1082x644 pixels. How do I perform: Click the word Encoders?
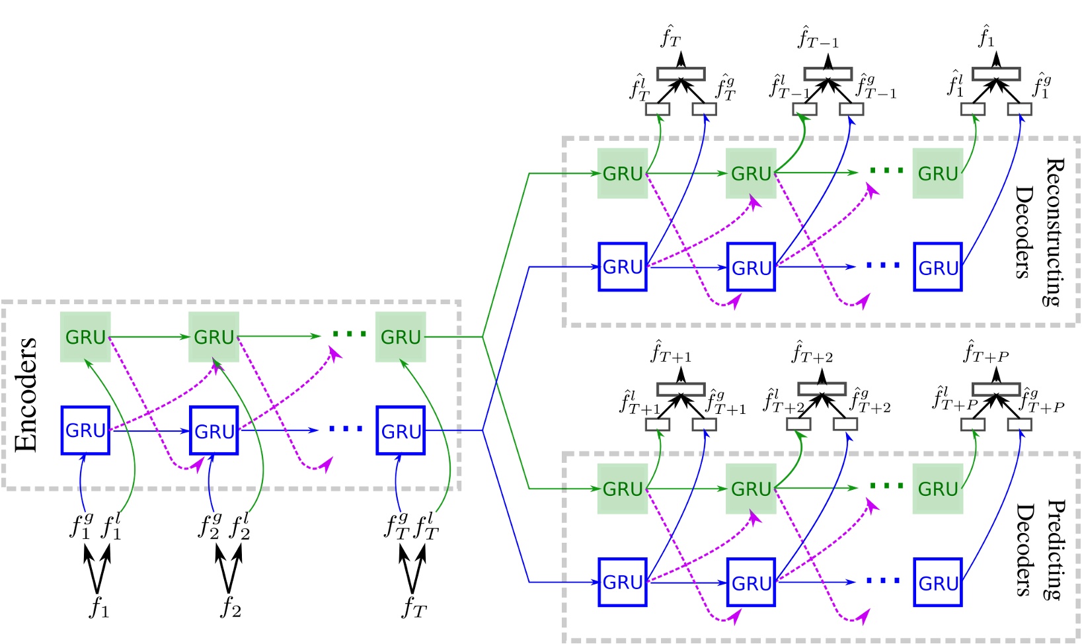(26, 395)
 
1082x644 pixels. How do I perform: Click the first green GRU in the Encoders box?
(85, 337)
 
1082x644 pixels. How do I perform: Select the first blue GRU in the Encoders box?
(85, 430)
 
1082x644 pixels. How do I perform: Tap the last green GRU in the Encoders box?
(401, 337)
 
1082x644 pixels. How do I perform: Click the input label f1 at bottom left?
(98, 607)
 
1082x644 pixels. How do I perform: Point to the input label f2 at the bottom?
(230, 607)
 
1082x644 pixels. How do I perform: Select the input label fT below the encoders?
(414, 607)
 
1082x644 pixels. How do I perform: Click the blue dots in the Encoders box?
(346, 430)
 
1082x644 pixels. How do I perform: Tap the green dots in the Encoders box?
(349, 335)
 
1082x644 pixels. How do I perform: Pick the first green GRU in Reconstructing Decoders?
(623, 173)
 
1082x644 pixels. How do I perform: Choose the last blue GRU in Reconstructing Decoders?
(938, 267)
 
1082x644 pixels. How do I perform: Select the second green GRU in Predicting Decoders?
(751, 489)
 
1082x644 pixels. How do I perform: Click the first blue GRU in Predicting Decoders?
(623, 582)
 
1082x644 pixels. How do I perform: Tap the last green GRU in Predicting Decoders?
(938, 489)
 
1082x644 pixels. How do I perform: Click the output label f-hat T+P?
(985, 352)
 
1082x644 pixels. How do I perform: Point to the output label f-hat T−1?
(818, 38)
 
